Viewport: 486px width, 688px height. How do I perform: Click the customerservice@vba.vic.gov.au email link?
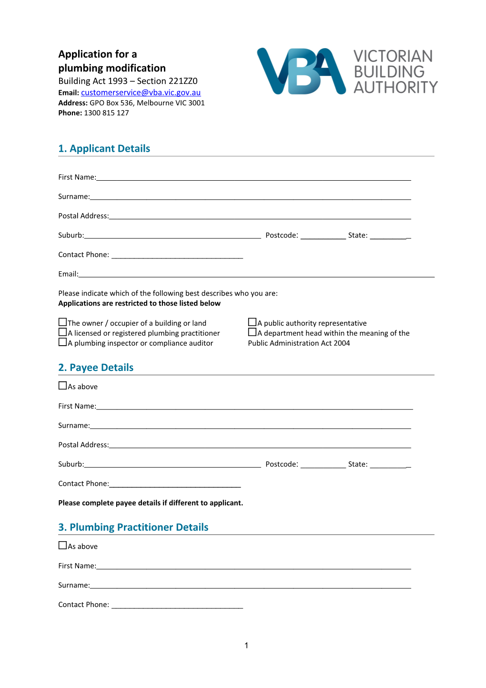[x=141, y=92]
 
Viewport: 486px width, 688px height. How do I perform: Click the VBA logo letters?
[x=301, y=72]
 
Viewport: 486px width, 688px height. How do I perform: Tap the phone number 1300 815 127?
[x=106, y=113]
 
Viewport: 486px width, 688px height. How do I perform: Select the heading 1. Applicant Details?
[x=104, y=149]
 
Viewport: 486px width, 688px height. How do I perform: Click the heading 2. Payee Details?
[x=96, y=368]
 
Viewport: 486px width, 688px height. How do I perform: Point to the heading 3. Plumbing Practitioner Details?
[x=133, y=527]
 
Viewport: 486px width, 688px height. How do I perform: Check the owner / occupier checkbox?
[x=62, y=322]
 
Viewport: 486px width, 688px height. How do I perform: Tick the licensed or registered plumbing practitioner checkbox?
[x=62, y=332]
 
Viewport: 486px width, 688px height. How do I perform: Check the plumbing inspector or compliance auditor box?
[x=62, y=342]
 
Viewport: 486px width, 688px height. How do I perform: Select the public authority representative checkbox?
[x=252, y=322]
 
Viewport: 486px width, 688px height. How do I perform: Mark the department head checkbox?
[x=252, y=332]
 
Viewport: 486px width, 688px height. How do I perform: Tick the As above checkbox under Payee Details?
[x=62, y=386]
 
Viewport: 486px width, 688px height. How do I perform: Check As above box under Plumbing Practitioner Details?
[x=62, y=545]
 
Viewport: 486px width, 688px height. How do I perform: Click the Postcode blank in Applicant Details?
[x=323, y=236]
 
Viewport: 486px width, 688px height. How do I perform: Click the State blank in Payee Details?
[x=389, y=464]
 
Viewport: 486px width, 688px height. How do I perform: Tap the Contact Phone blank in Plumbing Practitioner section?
[x=177, y=605]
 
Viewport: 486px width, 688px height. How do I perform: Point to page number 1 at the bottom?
[x=246, y=646]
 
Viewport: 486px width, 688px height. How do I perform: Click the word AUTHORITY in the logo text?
[x=395, y=87]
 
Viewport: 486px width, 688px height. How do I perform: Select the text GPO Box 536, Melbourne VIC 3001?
[x=147, y=103]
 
